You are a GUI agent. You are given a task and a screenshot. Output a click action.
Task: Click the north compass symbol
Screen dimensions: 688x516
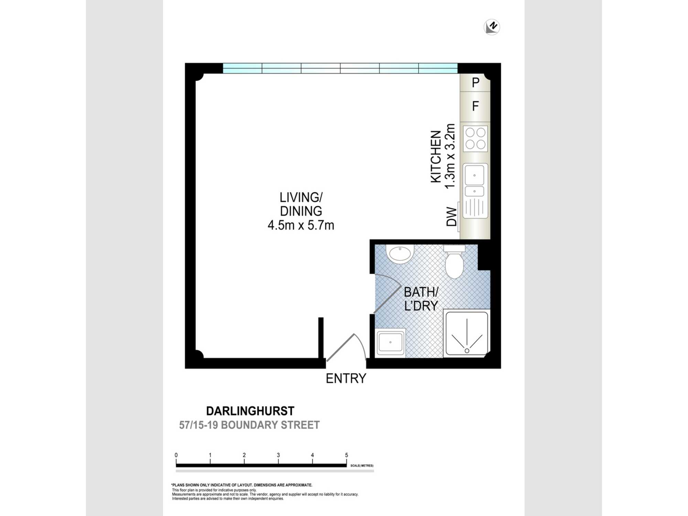492,27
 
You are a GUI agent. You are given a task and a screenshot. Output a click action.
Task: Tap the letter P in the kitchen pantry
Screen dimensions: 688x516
475,83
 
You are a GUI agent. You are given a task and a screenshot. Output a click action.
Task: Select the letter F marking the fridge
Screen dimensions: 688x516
475,106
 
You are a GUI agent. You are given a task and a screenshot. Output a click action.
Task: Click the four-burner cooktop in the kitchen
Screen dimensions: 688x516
475,139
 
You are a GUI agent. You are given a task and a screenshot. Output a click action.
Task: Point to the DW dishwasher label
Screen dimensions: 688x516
452,216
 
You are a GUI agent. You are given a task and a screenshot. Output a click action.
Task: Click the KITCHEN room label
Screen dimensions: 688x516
436,157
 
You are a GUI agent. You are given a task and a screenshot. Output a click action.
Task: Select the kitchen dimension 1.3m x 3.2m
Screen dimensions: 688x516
450,156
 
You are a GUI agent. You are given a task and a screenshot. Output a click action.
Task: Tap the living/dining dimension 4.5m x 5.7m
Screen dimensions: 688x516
301,225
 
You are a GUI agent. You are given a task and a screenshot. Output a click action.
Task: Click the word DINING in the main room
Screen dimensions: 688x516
301,211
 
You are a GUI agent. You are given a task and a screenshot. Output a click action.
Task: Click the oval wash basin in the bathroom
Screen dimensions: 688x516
399,254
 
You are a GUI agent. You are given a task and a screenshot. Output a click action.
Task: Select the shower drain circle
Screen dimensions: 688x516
467,351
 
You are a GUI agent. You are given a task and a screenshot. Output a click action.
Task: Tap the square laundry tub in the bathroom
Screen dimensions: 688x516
390,343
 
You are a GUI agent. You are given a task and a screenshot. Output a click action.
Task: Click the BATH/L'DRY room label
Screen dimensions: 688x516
421,299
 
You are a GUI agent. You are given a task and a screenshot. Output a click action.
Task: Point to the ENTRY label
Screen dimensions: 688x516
346,378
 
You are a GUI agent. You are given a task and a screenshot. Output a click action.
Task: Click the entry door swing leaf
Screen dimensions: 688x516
340,347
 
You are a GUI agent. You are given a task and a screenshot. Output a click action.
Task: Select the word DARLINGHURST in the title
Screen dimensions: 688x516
250,411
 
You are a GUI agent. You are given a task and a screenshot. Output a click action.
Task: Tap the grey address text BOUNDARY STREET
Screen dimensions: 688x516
270,425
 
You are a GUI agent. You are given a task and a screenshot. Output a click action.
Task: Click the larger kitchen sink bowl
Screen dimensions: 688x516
474,175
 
